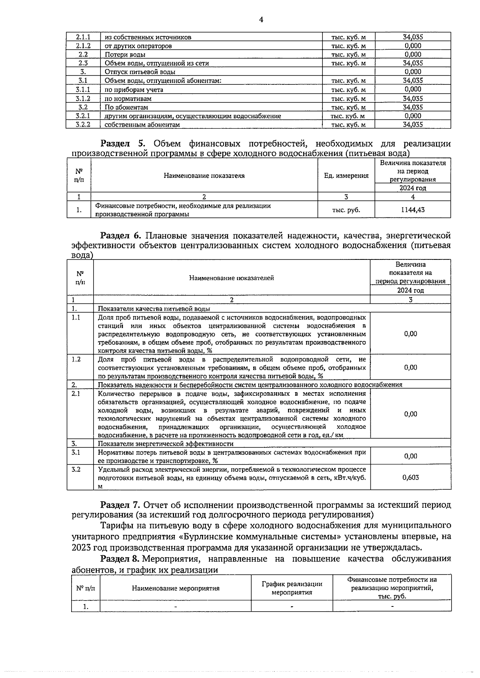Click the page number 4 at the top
click(x=261, y=20)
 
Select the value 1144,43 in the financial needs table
click(x=412, y=209)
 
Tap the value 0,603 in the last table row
click(x=410, y=477)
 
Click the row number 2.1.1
click(x=83, y=37)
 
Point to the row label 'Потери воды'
click(x=125, y=54)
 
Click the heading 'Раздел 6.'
click(x=120, y=235)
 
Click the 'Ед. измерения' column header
click(x=346, y=175)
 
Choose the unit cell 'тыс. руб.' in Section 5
click(x=346, y=209)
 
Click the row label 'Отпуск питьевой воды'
click(x=140, y=72)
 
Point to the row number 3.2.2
click(x=83, y=125)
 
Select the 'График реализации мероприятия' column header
click(x=292, y=588)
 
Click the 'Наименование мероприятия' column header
click(x=176, y=588)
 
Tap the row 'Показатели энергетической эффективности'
click(x=166, y=444)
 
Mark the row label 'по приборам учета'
click(x=134, y=90)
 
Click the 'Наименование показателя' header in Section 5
click(x=204, y=175)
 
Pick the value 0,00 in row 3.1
click(x=410, y=456)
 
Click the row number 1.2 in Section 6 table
click(x=76, y=359)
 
